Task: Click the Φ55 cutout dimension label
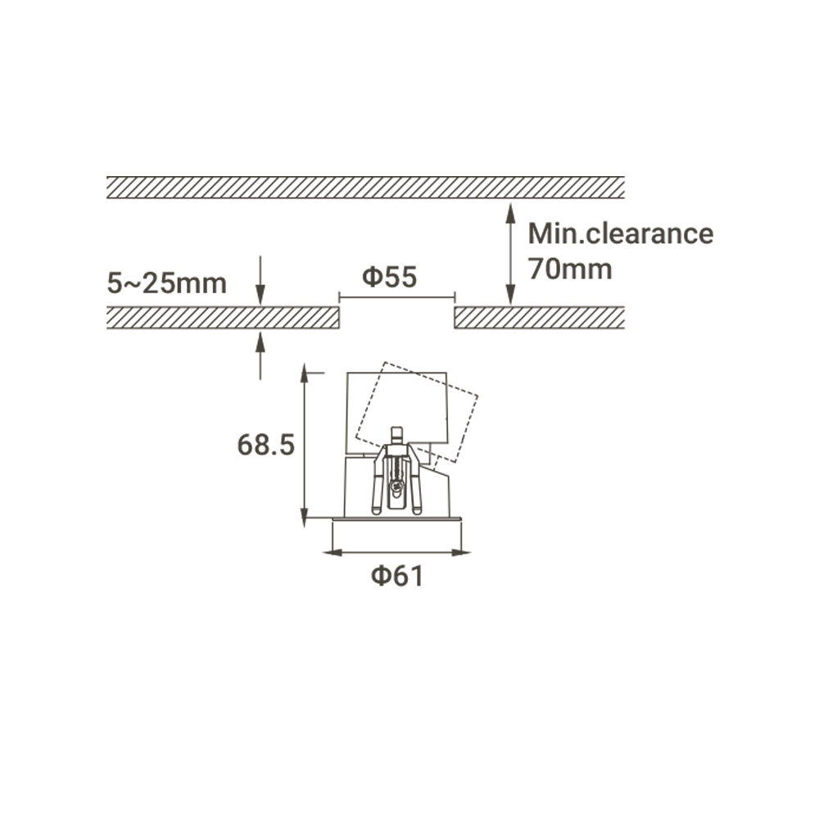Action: [390, 278]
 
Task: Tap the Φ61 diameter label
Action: [397, 576]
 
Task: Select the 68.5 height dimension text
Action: [266, 446]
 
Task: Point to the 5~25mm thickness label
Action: [166, 283]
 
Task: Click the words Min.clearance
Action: [621, 233]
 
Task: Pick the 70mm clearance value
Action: [570, 269]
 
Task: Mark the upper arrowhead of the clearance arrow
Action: [511, 213]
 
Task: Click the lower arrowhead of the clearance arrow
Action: [511, 295]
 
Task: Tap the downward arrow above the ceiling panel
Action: [260, 280]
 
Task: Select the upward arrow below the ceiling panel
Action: [260, 355]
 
